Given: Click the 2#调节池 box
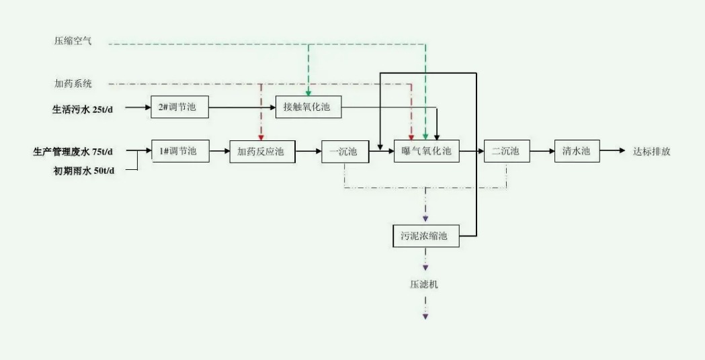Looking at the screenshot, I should (179, 107).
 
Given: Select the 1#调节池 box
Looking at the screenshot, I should (180, 151).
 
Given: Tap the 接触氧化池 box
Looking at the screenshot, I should (308, 107).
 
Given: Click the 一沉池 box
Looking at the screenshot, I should (345, 152).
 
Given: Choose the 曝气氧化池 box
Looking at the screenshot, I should (426, 152).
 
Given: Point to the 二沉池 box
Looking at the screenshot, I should (506, 152).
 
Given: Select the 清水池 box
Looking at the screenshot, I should (577, 152).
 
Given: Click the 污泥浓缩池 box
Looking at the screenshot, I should (425, 236).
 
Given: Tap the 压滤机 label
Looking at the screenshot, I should (425, 284).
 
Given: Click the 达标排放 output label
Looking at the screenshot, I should (651, 152).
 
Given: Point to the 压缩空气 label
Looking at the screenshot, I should (73, 42).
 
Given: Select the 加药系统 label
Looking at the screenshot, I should (73, 85).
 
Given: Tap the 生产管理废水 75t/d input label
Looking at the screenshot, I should (73, 152).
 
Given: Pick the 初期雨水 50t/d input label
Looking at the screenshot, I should (84, 171).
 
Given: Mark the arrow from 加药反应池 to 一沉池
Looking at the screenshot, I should (308, 152).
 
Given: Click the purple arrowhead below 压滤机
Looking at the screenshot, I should (425, 315).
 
